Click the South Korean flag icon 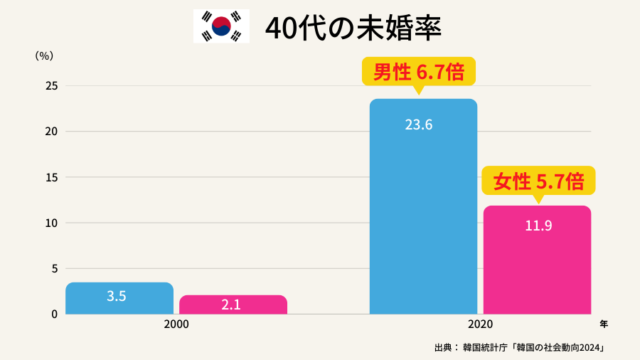[x=221, y=26]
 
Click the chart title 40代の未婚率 [x=353, y=28]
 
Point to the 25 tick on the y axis [x=51, y=86]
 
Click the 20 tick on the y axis [x=51, y=132]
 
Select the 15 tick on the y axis [x=51, y=177]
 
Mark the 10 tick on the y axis [x=51, y=223]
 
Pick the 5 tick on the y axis [x=54, y=268]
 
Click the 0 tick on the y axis [x=54, y=314]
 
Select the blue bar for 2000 [x=119, y=299]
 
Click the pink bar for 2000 [x=233, y=305]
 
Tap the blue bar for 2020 [x=423, y=213]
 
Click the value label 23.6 [x=419, y=125]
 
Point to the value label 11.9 [x=538, y=227]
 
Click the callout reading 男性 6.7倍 [x=418, y=72]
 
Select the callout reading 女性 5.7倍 [x=538, y=181]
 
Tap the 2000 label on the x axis [x=176, y=324]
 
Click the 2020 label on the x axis [x=481, y=324]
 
